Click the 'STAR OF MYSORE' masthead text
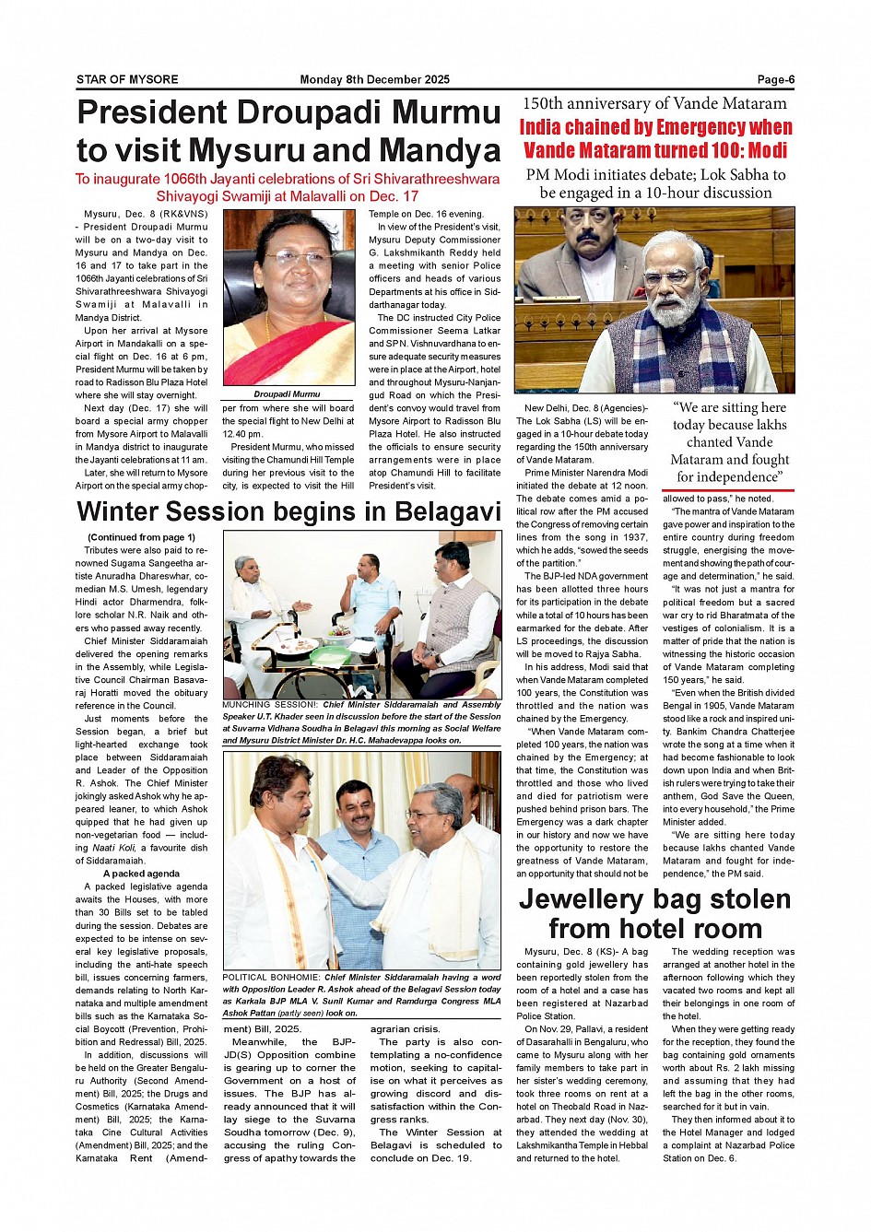(127, 79)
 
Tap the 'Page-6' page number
(775, 79)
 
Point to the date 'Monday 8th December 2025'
(374, 79)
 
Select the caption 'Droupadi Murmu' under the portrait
(287, 393)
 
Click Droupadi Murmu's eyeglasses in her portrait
(288, 259)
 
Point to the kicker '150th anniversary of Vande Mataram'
(654, 103)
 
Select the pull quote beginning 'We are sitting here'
(729, 441)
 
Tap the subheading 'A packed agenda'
(141, 874)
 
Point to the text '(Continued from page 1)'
(141, 537)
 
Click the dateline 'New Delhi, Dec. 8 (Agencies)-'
(586, 408)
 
